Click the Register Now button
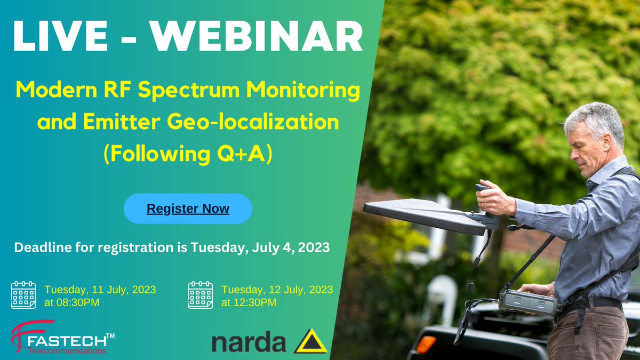(188, 209)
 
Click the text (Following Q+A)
(187, 153)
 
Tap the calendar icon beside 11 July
(23, 295)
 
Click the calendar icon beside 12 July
(200, 295)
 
